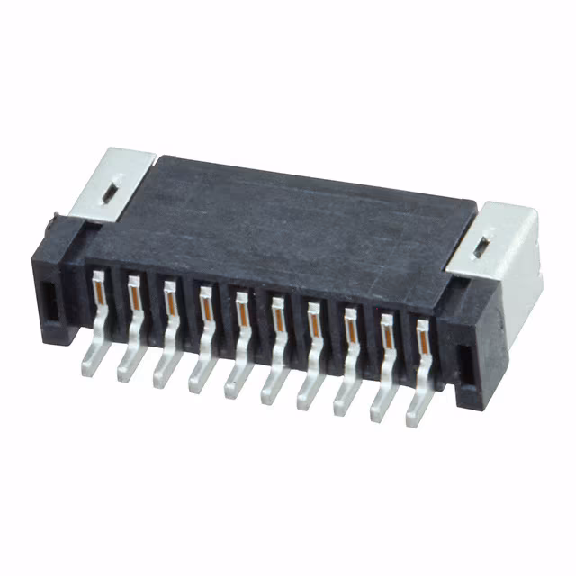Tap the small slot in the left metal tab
(109, 191)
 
